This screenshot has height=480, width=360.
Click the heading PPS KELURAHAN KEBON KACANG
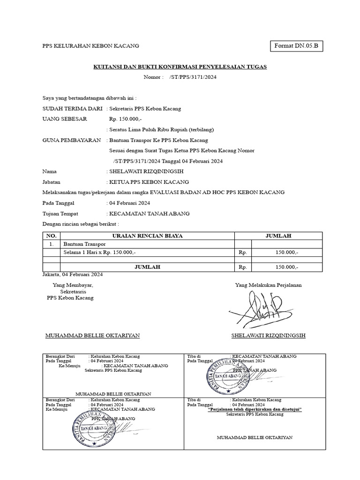click(x=90, y=46)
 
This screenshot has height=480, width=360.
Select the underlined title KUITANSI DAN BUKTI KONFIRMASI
click(x=180, y=67)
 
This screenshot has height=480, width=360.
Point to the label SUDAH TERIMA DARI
click(x=72, y=109)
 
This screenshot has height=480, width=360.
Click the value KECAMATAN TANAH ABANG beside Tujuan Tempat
click(x=149, y=213)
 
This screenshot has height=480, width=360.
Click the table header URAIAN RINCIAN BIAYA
click(x=147, y=236)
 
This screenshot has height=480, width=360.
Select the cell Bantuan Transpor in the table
click(x=85, y=244)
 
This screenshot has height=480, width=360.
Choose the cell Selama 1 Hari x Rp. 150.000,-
click(x=99, y=253)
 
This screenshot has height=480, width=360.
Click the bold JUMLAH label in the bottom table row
click(x=147, y=267)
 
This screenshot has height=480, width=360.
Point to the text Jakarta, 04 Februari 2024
click(x=73, y=274)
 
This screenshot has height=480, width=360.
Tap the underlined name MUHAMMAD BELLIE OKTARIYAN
click(x=92, y=336)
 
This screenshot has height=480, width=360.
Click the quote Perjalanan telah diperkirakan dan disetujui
click(x=255, y=409)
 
